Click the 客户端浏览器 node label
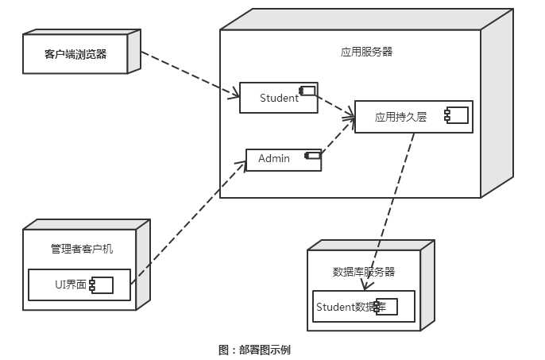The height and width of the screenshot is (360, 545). [75, 54]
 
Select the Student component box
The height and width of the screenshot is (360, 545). [278, 98]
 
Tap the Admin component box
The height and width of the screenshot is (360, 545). [283, 159]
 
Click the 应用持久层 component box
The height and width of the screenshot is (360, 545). [413, 116]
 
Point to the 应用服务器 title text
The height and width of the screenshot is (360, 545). [366, 52]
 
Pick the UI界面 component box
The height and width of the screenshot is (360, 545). [79, 285]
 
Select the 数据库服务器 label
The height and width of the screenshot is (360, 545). [363, 271]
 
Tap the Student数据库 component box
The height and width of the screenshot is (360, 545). [363, 306]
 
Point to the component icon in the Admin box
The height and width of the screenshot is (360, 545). [312, 155]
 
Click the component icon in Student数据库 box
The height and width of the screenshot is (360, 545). [386, 306]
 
